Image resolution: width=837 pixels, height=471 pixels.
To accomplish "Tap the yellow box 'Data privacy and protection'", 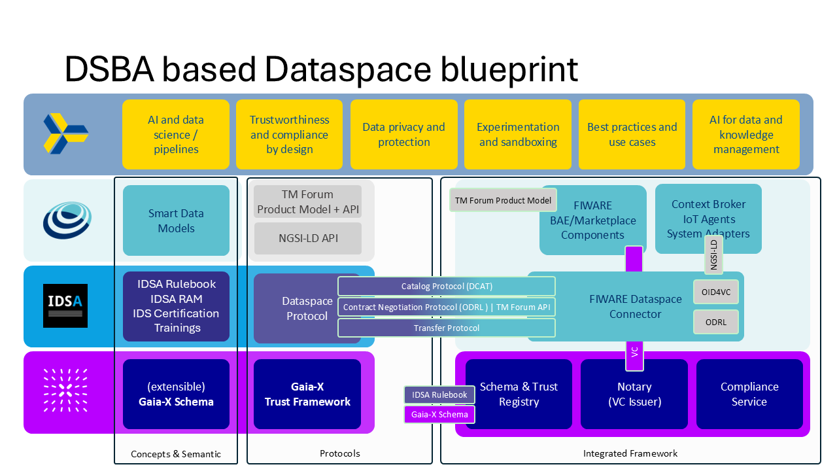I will (x=403, y=134).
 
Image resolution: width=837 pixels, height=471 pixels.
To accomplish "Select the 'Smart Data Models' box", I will (x=176, y=220).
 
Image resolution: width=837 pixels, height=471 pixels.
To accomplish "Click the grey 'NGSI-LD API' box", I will (x=307, y=238).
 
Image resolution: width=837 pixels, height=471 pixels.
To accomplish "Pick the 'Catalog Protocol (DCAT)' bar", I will (x=447, y=287).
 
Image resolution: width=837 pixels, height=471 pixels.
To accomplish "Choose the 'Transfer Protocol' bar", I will (x=447, y=328).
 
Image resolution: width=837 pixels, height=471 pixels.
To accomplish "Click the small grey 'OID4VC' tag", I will (x=715, y=292).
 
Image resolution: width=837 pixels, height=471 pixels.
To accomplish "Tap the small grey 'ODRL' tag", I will (x=715, y=322).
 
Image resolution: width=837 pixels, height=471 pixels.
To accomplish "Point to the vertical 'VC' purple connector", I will (x=634, y=353).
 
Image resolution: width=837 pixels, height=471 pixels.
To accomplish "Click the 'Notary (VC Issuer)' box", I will (x=634, y=394).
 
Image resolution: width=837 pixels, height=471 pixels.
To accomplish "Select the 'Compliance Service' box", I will (x=749, y=394).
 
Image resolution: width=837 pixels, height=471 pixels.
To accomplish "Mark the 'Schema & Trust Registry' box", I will (x=519, y=394).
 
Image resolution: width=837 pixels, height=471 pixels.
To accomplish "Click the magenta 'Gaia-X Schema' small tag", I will (x=439, y=414).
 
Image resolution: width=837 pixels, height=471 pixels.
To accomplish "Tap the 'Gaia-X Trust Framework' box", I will (x=307, y=394).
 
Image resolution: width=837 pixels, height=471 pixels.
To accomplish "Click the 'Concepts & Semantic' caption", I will (x=176, y=454).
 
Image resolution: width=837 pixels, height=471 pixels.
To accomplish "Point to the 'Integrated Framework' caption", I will (x=630, y=453).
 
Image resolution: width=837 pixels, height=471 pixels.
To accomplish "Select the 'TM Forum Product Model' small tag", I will (x=503, y=200).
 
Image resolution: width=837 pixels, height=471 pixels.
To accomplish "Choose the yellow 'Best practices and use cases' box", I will (x=632, y=134).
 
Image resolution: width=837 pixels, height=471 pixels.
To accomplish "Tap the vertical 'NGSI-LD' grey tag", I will (x=714, y=254).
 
